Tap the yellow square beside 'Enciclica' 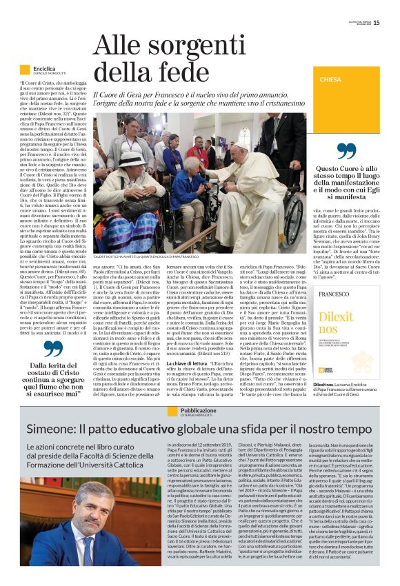(x=25, y=70)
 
